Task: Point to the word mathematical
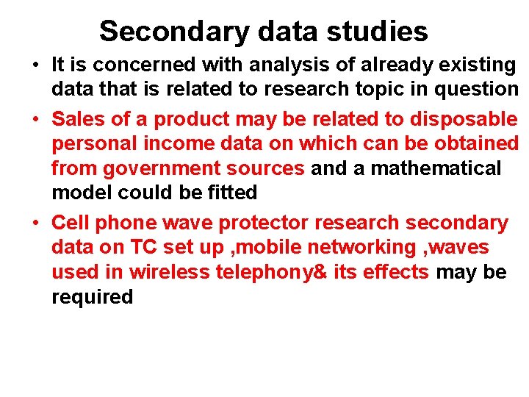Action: tap(436, 168)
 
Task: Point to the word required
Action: tap(92, 297)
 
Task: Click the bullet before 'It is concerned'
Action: tap(35, 65)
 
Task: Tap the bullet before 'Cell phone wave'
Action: tap(35, 222)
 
